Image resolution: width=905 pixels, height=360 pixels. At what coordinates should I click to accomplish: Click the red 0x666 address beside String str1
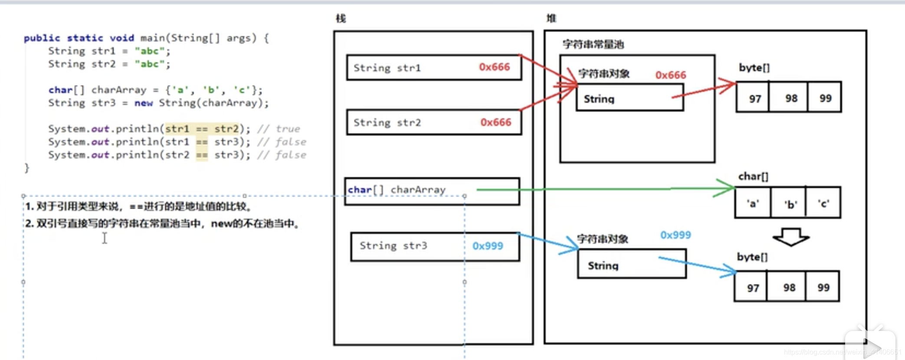tap(494, 67)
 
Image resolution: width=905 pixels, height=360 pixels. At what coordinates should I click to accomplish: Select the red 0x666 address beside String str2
tap(495, 122)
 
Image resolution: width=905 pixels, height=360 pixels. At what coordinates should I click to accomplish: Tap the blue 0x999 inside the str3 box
tap(488, 246)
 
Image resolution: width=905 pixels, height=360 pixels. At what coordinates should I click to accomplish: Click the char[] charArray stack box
tap(432, 190)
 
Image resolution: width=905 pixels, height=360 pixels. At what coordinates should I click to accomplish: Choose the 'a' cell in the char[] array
tap(753, 203)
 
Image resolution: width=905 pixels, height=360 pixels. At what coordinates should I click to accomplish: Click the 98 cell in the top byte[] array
tap(791, 98)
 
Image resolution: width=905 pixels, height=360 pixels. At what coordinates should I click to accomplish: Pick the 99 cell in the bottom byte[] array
tap(823, 288)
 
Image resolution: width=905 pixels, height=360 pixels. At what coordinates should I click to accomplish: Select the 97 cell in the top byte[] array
tap(754, 98)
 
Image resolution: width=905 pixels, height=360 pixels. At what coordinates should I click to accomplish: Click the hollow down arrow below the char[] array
tap(790, 237)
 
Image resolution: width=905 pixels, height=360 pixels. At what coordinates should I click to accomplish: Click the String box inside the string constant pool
tap(630, 98)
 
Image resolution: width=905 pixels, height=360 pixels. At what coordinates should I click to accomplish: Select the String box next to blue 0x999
tap(631, 265)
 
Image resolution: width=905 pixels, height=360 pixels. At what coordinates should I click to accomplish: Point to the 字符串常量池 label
tap(593, 44)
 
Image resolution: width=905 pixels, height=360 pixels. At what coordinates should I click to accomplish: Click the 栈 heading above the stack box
tap(341, 18)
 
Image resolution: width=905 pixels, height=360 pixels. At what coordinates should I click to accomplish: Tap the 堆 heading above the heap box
tap(551, 18)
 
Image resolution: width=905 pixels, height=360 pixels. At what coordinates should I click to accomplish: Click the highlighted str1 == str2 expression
tap(202, 129)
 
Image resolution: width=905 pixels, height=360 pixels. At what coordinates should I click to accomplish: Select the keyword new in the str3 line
tap(143, 103)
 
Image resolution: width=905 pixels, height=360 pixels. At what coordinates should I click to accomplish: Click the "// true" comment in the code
tap(279, 129)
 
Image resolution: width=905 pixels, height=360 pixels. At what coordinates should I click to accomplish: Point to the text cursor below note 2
tap(105, 238)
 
